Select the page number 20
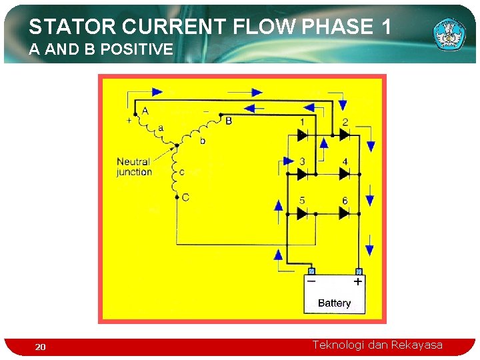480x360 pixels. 41,347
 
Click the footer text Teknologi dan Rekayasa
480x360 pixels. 377,345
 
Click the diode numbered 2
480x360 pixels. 344,135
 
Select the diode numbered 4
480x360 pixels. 344,174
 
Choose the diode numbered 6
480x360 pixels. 344,213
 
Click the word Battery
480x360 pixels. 334,303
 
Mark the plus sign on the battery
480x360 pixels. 358,282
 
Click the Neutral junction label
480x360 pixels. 133,167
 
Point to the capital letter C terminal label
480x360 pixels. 185,197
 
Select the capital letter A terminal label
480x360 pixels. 145,111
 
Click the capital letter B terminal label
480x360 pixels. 229,121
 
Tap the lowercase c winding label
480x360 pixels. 182,173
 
